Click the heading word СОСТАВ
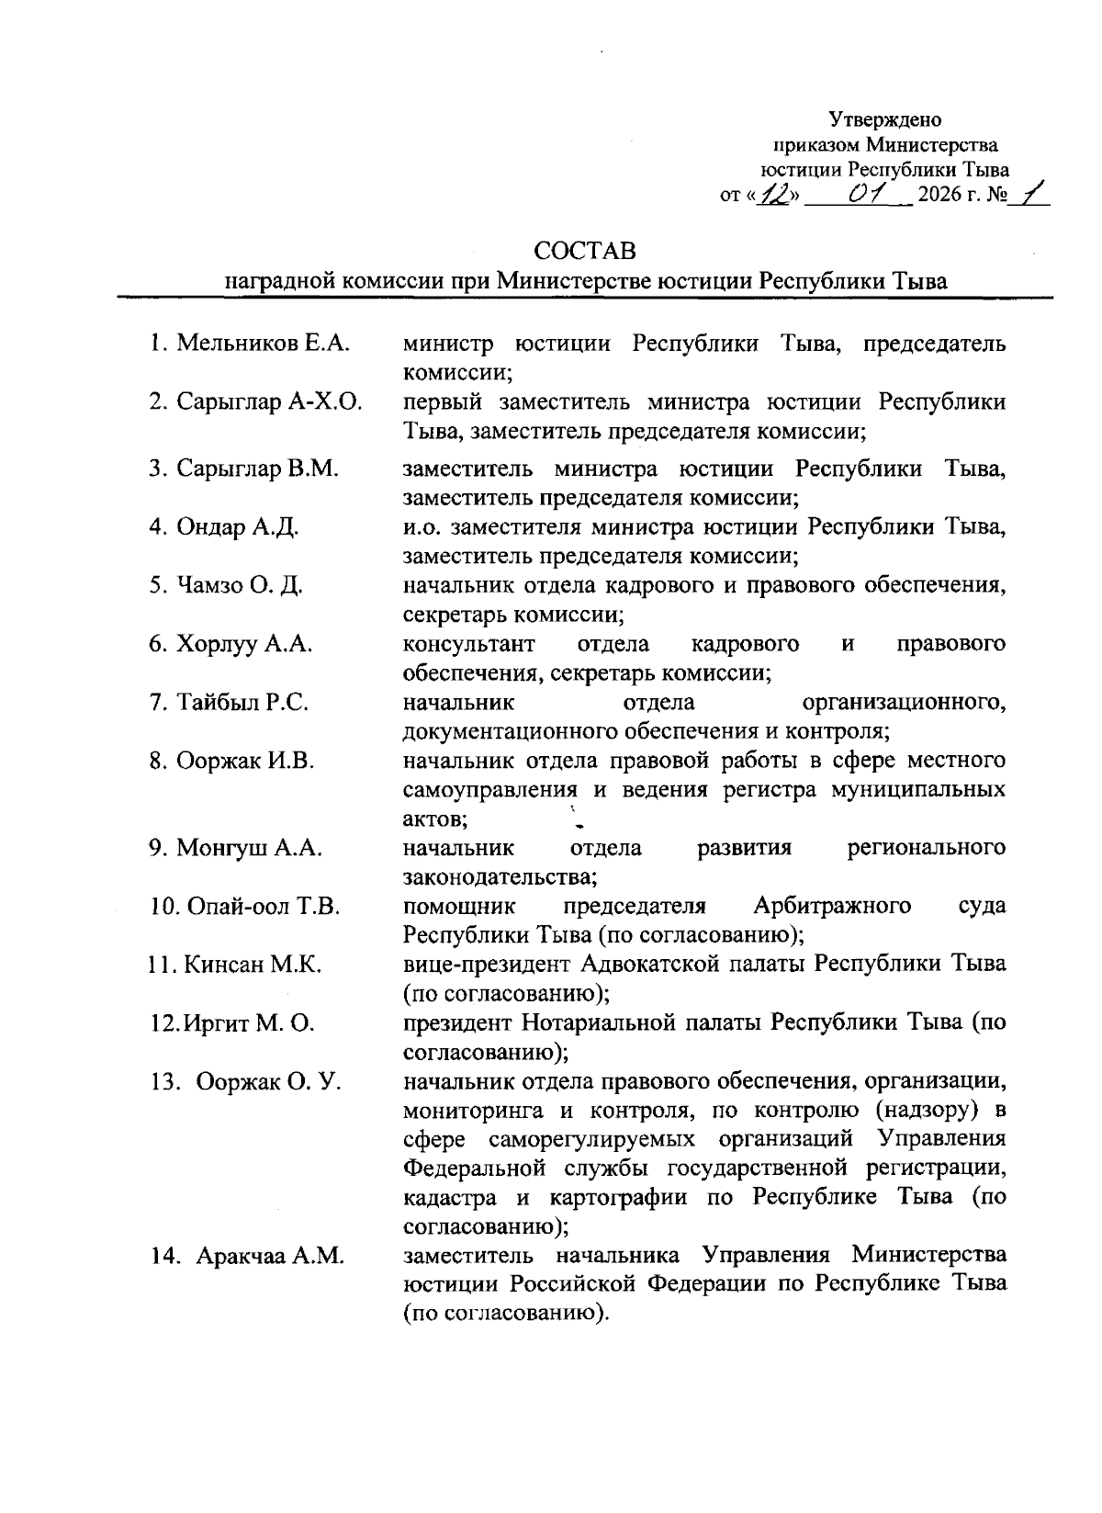[x=585, y=250]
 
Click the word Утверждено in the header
[x=885, y=119]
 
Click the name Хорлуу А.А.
[x=243, y=644]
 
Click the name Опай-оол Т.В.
[x=264, y=906]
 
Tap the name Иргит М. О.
[x=250, y=1022]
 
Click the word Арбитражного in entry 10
[x=832, y=906]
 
